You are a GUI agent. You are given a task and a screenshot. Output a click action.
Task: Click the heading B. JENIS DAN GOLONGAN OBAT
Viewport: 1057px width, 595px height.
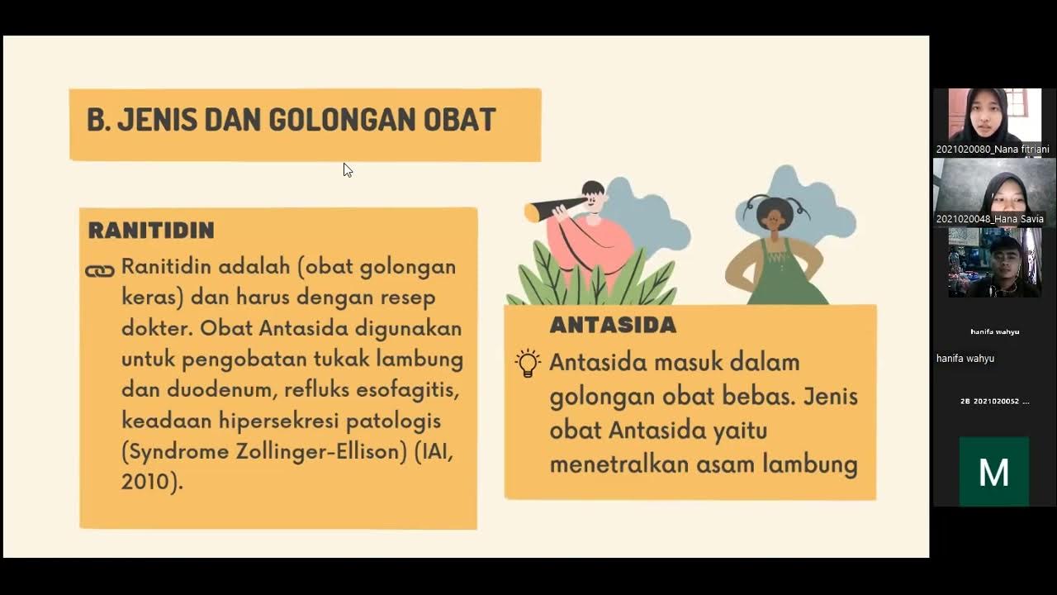(291, 121)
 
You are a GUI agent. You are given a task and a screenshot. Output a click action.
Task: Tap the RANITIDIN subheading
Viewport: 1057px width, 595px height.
(151, 231)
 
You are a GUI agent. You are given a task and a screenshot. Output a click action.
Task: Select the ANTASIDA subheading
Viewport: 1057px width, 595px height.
(613, 326)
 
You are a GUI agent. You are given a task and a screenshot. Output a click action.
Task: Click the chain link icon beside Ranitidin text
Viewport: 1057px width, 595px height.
(100, 271)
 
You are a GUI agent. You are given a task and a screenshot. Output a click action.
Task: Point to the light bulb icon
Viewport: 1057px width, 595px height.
(528, 363)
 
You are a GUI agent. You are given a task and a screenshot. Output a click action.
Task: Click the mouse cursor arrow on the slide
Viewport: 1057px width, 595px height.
(347, 169)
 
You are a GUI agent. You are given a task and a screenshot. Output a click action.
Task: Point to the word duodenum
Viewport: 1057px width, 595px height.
(204, 389)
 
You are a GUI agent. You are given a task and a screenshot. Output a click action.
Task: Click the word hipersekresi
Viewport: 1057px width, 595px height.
(279, 421)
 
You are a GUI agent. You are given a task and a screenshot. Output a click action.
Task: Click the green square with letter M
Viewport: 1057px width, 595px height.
(993, 472)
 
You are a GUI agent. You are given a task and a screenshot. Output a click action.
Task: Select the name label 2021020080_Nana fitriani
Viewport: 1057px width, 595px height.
(993, 150)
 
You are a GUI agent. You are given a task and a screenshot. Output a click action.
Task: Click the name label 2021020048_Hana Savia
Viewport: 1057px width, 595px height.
(989, 219)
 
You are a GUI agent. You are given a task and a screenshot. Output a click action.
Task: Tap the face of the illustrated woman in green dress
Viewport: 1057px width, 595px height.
(775, 217)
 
